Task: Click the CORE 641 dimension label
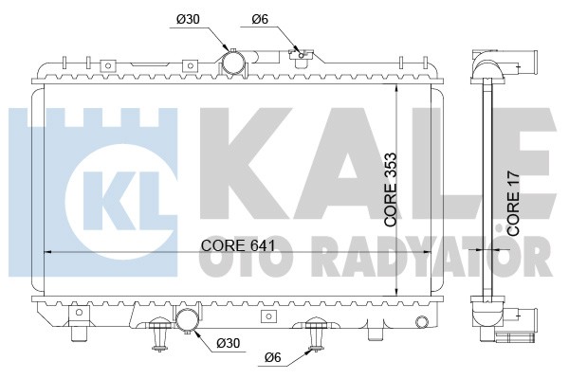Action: pos(238,245)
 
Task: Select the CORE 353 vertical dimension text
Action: pos(391,189)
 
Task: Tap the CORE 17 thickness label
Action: pos(513,203)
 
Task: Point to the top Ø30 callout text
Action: pos(188,19)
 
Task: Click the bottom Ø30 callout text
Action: pos(228,342)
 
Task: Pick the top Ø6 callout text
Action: pos(260,19)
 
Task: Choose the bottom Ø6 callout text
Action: pos(273,357)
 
